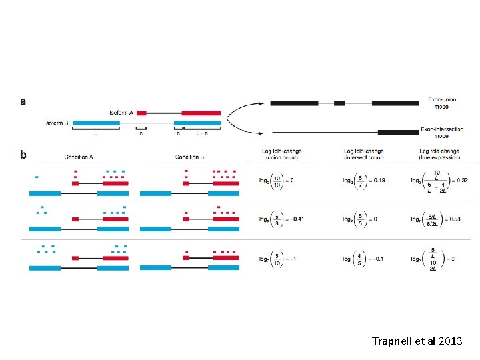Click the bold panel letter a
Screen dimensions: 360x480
23,102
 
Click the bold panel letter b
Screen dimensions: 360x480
23,155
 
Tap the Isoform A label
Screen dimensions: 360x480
122,113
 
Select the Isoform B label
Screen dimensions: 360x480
57,123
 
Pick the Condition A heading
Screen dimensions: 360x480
79,156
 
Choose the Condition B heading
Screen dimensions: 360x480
189,156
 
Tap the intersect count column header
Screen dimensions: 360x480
363,155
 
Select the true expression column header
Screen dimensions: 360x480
439,155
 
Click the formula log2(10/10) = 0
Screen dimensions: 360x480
276,181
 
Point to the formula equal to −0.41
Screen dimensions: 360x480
279,219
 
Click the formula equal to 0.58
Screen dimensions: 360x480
439,219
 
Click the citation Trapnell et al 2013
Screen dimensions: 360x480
417,341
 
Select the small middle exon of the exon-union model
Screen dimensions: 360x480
339,103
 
